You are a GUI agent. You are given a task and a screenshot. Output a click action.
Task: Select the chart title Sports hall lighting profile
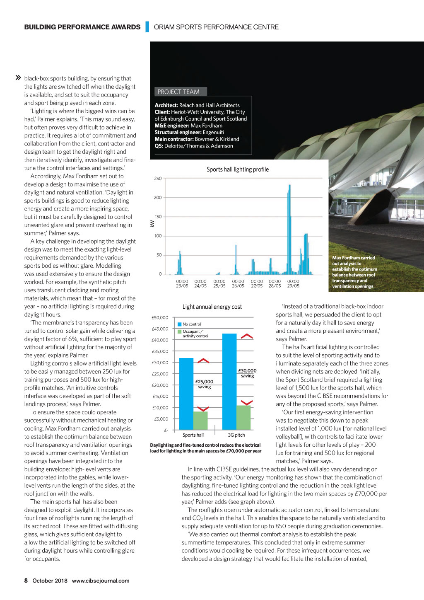237,169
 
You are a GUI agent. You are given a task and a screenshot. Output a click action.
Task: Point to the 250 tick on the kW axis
158,179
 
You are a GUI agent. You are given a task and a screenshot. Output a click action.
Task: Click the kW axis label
152,224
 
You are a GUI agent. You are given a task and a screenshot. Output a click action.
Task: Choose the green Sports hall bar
200,420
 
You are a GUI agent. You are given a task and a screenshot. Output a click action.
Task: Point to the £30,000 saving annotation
247,373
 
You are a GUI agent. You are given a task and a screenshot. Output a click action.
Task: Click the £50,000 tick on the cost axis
160,318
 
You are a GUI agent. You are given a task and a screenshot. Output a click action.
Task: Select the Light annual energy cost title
212,307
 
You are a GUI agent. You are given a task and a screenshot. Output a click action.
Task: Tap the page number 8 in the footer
26,581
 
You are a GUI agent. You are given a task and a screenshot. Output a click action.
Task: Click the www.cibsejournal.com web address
101,581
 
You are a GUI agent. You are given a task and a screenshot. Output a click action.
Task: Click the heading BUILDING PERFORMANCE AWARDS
82,27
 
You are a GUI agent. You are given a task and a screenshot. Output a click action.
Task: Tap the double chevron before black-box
18,78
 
